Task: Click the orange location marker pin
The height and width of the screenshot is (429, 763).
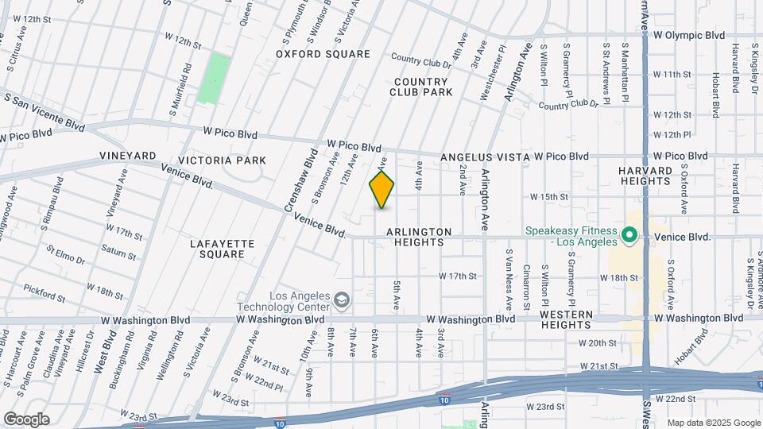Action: click(x=381, y=190)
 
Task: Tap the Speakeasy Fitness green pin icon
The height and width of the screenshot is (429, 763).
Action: click(x=629, y=235)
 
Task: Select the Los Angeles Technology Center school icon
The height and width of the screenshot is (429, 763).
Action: click(x=342, y=300)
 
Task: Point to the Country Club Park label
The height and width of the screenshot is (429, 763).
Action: click(x=421, y=87)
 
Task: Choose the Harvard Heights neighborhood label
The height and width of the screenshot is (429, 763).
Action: click(x=646, y=176)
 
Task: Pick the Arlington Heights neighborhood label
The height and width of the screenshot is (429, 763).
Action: click(x=419, y=237)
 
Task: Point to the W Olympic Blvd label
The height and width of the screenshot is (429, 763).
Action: click(x=689, y=35)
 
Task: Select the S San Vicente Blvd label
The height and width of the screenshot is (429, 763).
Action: click(x=44, y=111)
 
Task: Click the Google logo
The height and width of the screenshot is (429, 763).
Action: click(x=26, y=419)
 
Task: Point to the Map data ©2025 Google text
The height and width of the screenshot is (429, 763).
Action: click(x=713, y=423)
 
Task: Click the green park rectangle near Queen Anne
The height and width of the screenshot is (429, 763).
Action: click(x=211, y=78)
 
